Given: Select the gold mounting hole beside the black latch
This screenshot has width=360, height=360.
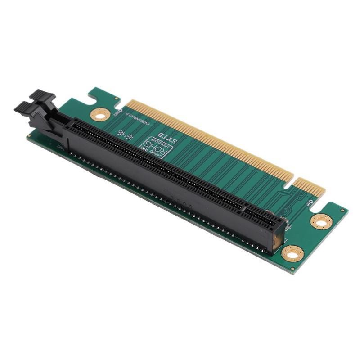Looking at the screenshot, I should (100, 114).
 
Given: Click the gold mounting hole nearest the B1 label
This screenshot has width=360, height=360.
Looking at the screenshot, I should (321, 221).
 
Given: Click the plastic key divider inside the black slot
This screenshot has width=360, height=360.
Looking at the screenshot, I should (244, 208).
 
